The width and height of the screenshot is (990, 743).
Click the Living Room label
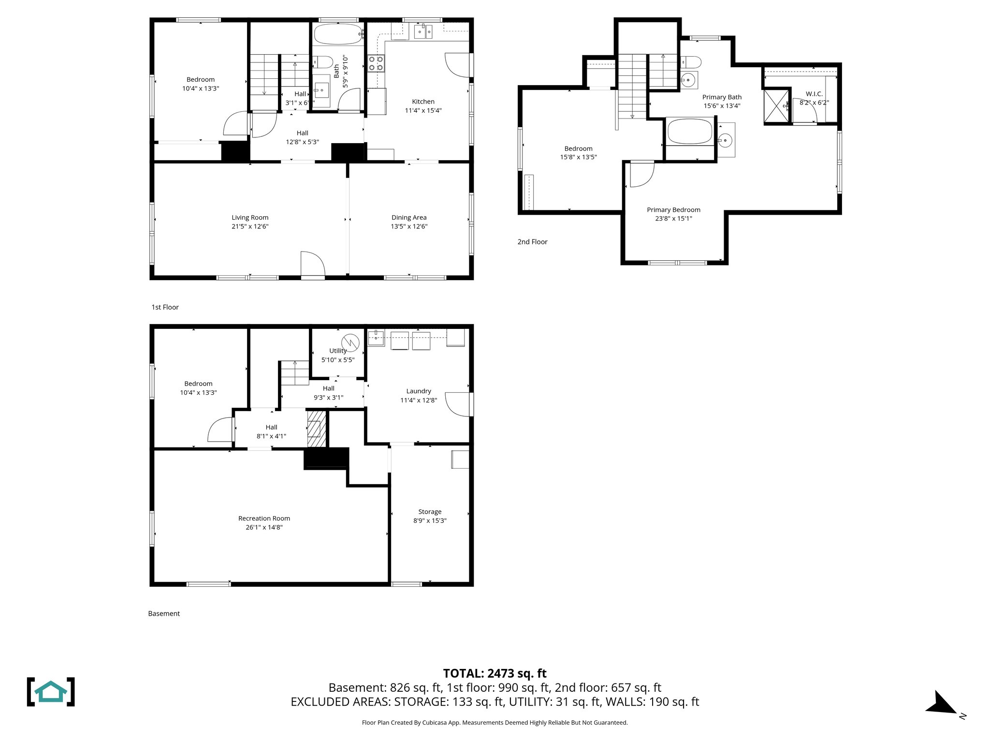[250, 218]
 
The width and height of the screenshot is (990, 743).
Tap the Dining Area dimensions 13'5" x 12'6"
[409, 226]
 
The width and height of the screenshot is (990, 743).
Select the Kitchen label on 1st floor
[423, 102]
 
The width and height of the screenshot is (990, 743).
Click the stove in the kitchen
[376, 63]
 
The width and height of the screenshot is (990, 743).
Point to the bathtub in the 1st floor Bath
[337, 34]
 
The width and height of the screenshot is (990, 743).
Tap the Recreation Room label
[264, 518]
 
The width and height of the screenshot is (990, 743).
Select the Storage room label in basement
[430, 512]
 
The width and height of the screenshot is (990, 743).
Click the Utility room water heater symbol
[350, 342]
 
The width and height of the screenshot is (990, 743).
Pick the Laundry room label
[419, 391]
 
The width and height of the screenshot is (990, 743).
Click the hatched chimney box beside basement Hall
[317, 429]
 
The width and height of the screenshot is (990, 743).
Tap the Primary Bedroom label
[673, 209]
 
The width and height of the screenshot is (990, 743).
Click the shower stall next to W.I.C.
[776, 106]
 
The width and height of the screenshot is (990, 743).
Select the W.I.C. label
[814, 94]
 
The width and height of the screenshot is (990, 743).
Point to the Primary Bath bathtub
[690, 132]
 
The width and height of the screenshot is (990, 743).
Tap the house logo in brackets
[51, 692]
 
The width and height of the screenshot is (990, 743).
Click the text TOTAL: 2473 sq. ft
[495, 673]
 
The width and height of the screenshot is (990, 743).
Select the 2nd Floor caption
[532, 242]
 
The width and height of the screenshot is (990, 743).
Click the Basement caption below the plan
[164, 613]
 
